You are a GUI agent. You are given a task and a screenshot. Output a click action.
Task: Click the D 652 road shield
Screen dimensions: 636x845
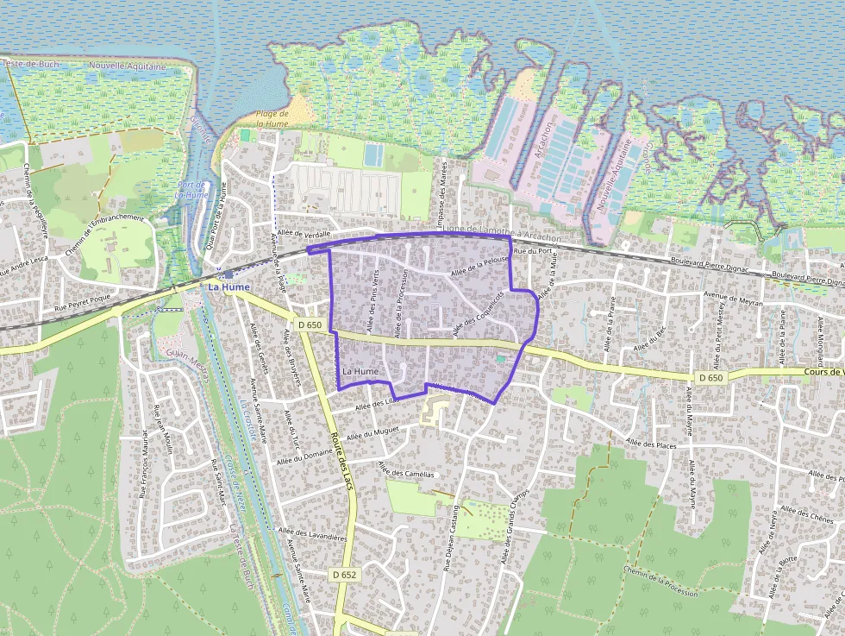[342, 574]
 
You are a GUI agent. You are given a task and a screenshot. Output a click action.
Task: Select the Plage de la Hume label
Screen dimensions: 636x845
[272, 119]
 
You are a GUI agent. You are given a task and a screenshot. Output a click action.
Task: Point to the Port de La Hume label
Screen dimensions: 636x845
[191, 190]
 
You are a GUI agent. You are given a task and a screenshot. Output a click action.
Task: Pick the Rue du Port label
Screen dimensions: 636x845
[532, 251]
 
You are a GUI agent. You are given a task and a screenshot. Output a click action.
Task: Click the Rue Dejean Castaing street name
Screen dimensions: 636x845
[450, 538]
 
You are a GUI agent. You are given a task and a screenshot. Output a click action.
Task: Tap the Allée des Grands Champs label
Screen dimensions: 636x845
[515, 520]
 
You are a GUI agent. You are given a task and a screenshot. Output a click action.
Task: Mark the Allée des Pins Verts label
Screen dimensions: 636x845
[373, 302]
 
